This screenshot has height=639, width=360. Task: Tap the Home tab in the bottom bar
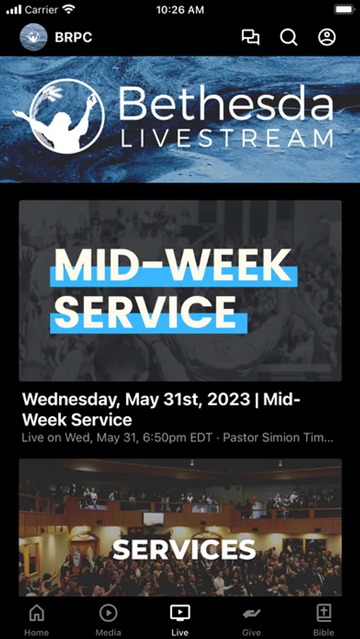(37, 620)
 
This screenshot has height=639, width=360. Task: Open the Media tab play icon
(109, 613)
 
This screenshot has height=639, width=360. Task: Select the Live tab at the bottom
(180, 620)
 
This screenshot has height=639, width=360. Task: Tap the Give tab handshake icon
(251, 613)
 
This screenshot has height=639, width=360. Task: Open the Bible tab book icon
(324, 613)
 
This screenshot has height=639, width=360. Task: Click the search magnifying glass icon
(289, 38)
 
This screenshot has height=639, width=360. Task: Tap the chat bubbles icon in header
(251, 38)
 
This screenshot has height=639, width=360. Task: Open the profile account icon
(327, 37)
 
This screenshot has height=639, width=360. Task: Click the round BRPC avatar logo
(33, 37)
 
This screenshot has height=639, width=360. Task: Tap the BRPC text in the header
(73, 38)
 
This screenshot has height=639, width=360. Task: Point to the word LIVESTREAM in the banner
(227, 138)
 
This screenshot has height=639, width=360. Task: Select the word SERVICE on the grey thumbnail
(145, 312)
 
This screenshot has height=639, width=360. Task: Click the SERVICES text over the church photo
(184, 550)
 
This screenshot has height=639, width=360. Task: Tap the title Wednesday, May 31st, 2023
(136, 399)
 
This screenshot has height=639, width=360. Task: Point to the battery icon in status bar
(344, 10)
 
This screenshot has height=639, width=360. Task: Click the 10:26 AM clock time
(180, 10)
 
